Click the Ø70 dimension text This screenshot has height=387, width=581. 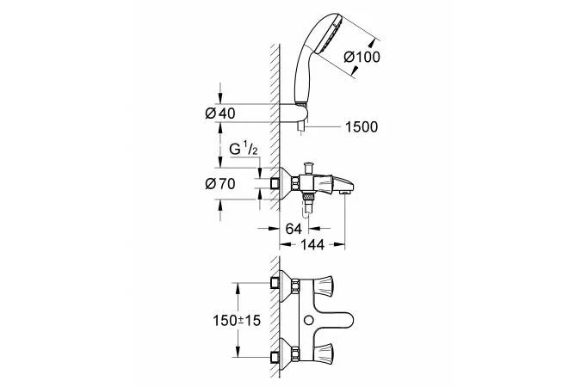point(221,183)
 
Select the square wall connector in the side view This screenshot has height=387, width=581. point(276,183)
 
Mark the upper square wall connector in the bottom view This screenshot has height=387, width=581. point(276,282)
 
